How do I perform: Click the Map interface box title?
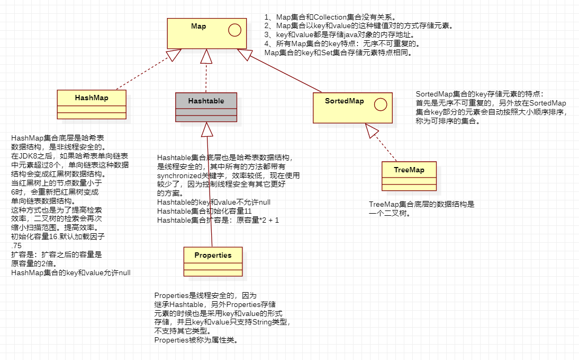coord(198,27)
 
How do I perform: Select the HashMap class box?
coord(92,104)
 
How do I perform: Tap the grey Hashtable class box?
coord(206,107)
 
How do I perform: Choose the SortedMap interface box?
coord(352,108)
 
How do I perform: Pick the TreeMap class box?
coord(409,175)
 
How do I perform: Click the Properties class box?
coord(213,261)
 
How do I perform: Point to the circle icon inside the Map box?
coord(234,30)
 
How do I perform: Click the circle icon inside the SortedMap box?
coord(380,104)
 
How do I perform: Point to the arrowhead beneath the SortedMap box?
coord(372,130)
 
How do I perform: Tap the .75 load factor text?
coord(17,245)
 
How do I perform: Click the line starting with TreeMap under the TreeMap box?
coord(422,204)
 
